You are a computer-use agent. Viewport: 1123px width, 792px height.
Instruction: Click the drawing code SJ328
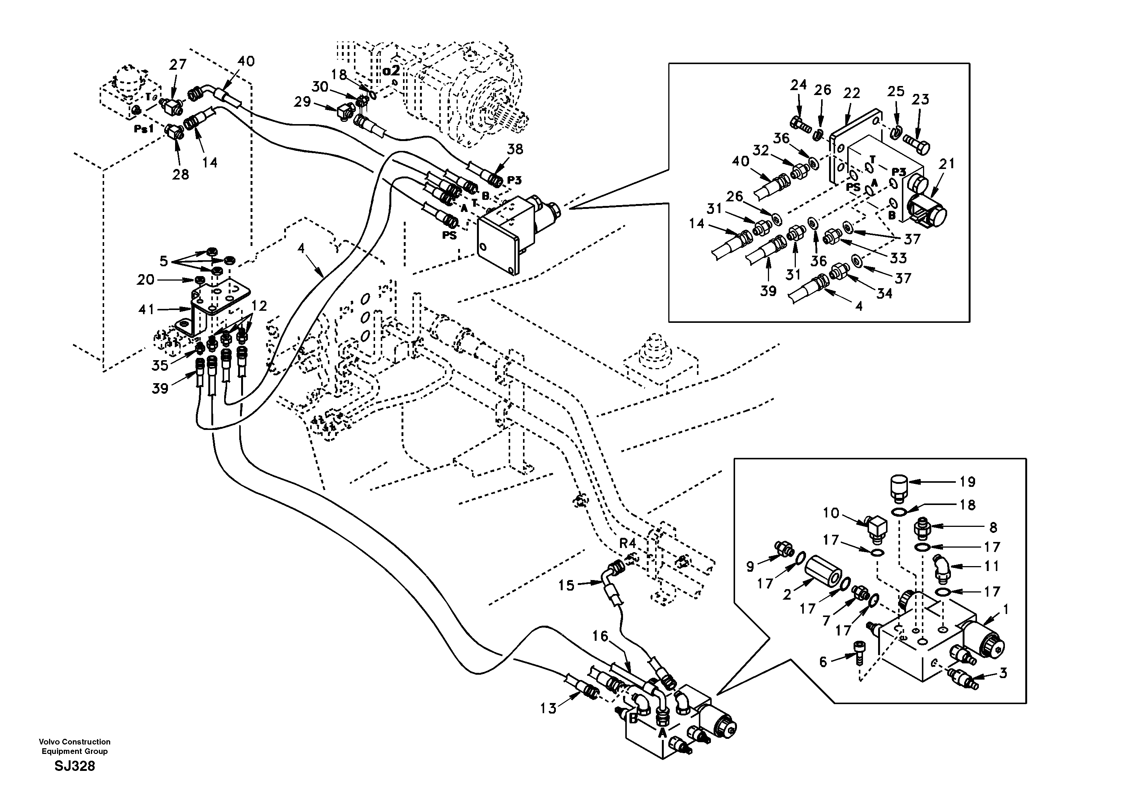pyautogui.click(x=74, y=766)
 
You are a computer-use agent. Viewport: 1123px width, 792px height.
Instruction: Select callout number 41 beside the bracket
pyautogui.click(x=146, y=310)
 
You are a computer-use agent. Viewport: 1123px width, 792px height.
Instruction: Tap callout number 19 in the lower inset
pyautogui.click(x=968, y=482)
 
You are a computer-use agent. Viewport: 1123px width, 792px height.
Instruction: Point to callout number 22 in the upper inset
pyautogui.click(x=852, y=94)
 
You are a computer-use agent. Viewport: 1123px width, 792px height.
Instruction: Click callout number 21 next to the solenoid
pyautogui.click(x=947, y=164)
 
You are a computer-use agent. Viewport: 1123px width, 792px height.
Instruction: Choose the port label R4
pyautogui.click(x=628, y=543)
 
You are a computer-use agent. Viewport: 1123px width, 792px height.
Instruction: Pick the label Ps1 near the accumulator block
pyautogui.click(x=144, y=129)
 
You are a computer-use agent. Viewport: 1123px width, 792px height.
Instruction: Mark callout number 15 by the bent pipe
pyautogui.click(x=566, y=585)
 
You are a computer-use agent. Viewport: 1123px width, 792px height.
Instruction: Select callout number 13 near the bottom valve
pyautogui.click(x=548, y=708)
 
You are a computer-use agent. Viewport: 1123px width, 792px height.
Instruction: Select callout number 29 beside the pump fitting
pyautogui.click(x=302, y=102)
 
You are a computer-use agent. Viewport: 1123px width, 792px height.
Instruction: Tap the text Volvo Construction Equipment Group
pyautogui.click(x=74, y=746)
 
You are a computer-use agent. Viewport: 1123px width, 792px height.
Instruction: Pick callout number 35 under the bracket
pyautogui.click(x=160, y=365)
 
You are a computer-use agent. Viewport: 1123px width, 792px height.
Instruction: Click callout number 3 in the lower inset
pyautogui.click(x=1003, y=673)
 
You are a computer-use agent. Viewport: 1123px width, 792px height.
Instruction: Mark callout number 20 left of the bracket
pyautogui.click(x=145, y=279)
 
